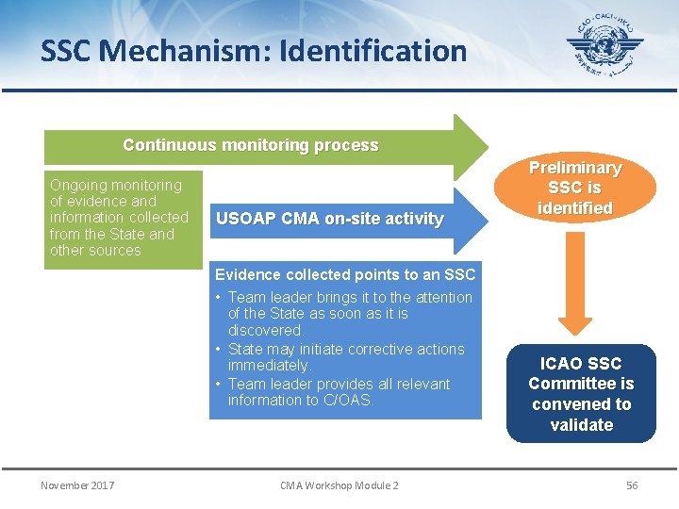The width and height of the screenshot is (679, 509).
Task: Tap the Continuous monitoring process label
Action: pos(251,146)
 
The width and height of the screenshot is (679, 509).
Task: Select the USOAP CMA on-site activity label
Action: pos(329,219)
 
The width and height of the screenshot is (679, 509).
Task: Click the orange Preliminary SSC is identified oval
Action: pos(574,189)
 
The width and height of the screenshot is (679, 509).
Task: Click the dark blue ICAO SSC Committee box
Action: pos(581,393)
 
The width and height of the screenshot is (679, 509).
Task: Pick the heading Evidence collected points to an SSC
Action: pos(345,275)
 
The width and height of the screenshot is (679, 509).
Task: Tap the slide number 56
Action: pos(632,485)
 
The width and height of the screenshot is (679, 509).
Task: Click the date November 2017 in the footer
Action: pos(77,485)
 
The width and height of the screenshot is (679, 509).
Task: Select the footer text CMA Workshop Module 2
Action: pos(339,485)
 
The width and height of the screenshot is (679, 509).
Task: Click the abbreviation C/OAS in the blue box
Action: pos(348,401)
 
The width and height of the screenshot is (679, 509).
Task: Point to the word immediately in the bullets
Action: pos(269,366)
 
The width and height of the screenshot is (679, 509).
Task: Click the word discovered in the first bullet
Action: pos(265,331)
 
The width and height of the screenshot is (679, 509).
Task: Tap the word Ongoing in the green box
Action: pos(78,186)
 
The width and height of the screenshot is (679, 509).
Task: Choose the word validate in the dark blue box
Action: pos(581,425)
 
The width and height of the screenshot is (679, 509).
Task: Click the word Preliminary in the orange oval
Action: pos(574,168)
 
